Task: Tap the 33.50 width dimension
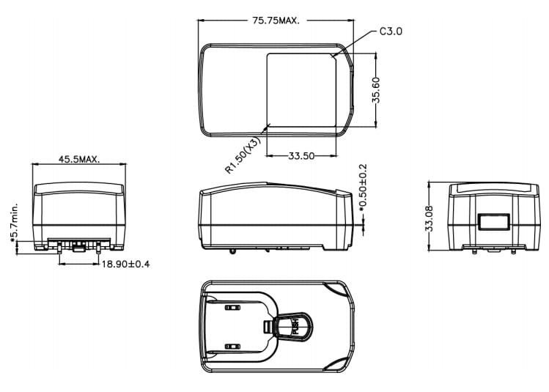pos(301,155)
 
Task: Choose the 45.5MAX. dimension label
pos(78,159)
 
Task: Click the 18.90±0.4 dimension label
pos(125,264)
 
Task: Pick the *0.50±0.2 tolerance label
pos(363,190)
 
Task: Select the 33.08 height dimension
pos(430,218)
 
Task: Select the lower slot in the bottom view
pos(232,345)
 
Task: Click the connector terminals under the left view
pos(78,243)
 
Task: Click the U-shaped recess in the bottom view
pos(242,327)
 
